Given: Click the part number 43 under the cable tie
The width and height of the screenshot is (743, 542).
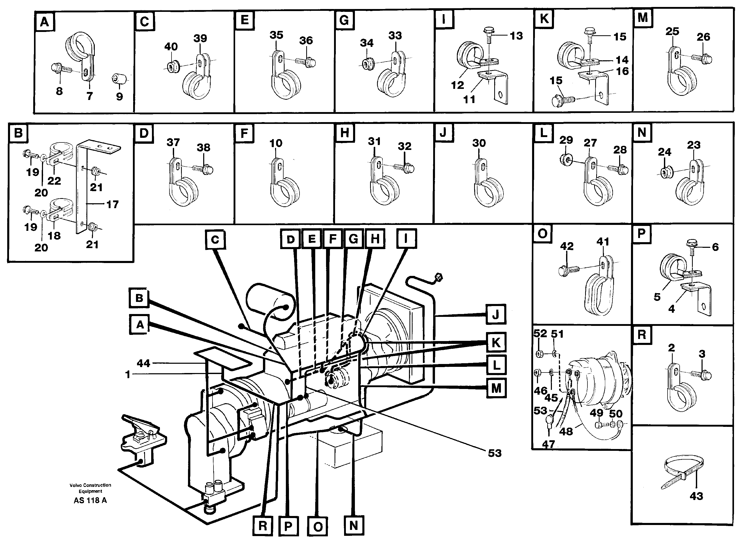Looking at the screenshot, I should click(x=696, y=496).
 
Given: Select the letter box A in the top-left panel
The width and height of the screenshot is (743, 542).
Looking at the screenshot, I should click(x=45, y=22).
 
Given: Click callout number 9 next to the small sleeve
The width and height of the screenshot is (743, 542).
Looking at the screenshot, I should click(x=119, y=96).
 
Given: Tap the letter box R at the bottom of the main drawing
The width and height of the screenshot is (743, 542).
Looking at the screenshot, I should click(x=263, y=526).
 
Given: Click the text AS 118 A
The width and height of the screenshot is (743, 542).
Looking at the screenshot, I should click(x=90, y=500).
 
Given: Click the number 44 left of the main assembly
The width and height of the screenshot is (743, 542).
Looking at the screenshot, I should click(x=143, y=363).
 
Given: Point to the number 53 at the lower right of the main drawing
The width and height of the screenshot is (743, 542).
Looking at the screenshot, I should click(x=494, y=453).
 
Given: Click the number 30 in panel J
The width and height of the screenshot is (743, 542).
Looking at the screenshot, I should click(x=479, y=143).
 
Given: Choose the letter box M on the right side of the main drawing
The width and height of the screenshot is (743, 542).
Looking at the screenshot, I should click(x=496, y=388).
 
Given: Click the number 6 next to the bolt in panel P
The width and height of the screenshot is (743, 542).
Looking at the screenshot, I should click(x=715, y=247).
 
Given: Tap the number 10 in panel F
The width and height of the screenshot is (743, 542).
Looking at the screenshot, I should click(x=276, y=143).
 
